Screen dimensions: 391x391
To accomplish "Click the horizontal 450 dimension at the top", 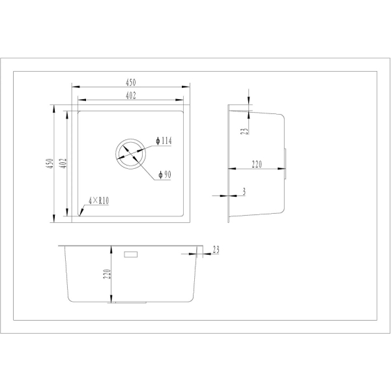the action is pos(131,82).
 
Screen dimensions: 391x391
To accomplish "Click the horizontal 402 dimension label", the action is pos(131,96).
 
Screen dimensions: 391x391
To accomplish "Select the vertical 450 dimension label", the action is pos(50,163).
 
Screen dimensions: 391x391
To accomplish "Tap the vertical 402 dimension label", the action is pos(64,163).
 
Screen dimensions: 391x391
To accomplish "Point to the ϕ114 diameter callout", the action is pos(164,141).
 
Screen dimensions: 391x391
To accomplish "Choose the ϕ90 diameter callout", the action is pos(165,175).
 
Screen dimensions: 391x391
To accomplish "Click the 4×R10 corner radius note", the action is pos(99,201).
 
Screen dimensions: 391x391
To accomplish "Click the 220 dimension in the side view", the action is pos(257,164).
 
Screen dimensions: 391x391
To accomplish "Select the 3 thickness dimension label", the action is pos(244,191).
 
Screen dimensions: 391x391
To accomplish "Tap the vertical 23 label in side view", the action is pos(245,131).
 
